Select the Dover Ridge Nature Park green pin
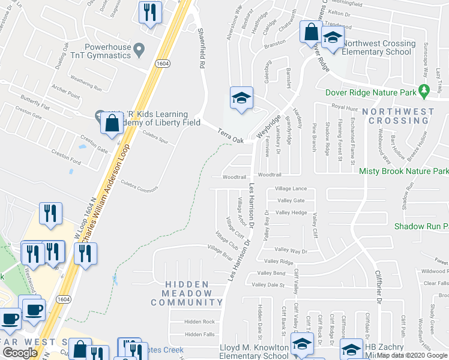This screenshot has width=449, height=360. tap(425, 91)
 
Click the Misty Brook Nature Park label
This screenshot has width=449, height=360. tap(403, 171)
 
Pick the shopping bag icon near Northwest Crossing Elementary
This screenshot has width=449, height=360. tap(311, 32)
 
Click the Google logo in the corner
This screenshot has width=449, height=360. tap(20, 353)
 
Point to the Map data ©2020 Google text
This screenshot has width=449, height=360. tap(412, 355)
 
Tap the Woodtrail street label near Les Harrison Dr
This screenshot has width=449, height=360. tap(234, 177)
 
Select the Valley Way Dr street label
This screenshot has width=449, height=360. tap(291, 250)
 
